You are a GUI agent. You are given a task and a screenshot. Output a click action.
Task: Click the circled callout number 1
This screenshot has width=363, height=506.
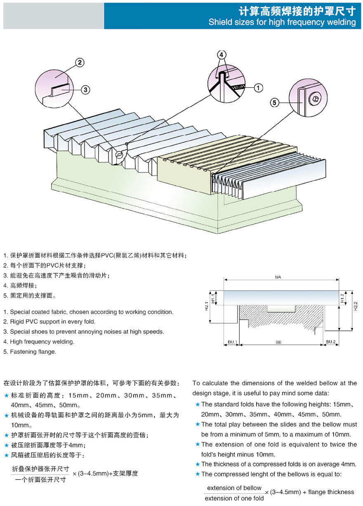(x=258, y=87)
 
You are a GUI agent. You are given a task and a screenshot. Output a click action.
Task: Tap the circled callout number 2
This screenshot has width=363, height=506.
(x=80, y=63)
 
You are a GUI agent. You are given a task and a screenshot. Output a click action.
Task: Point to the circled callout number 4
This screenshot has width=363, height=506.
(x=222, y=55)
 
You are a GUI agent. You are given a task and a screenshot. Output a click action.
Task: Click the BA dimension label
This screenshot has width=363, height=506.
(x=278, y=278)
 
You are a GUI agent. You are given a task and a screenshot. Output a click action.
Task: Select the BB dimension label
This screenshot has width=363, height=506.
(x=278, y=342)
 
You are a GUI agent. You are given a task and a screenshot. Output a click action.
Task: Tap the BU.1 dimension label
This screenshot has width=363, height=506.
(x=232, y=342)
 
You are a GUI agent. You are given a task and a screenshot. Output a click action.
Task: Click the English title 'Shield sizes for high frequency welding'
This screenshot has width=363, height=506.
(x=282, y=22)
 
